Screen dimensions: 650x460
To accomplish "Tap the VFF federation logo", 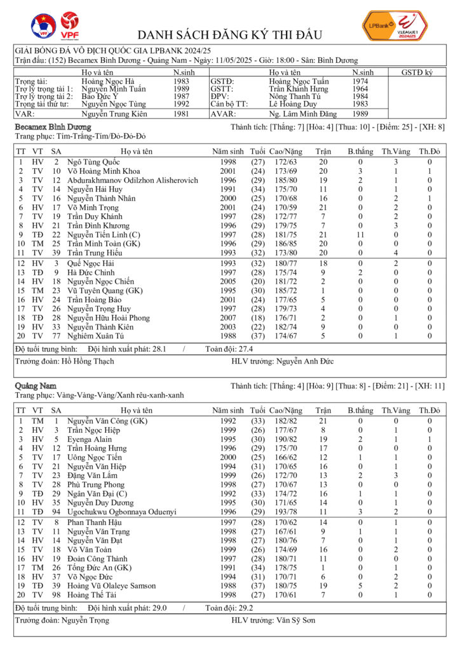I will [x=43, y=26].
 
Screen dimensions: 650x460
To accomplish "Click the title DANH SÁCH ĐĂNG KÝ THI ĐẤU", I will [x=229, y=34].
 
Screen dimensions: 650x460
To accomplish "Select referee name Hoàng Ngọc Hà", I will [x=108, y=81].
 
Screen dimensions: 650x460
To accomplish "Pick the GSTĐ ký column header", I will [x=417, y=73].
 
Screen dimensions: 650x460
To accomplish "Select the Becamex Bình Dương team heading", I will [x=53, y=127].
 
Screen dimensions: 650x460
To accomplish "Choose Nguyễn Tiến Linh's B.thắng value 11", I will [x=360, y=235].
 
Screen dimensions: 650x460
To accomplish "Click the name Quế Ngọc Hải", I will [x=93, y=263].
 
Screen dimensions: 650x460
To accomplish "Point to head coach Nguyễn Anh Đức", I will [x=311, y=361].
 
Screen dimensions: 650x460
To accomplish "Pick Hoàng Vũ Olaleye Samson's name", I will [x=111, y=585].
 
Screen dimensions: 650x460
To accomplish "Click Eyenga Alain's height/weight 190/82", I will [x=285, y=439].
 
